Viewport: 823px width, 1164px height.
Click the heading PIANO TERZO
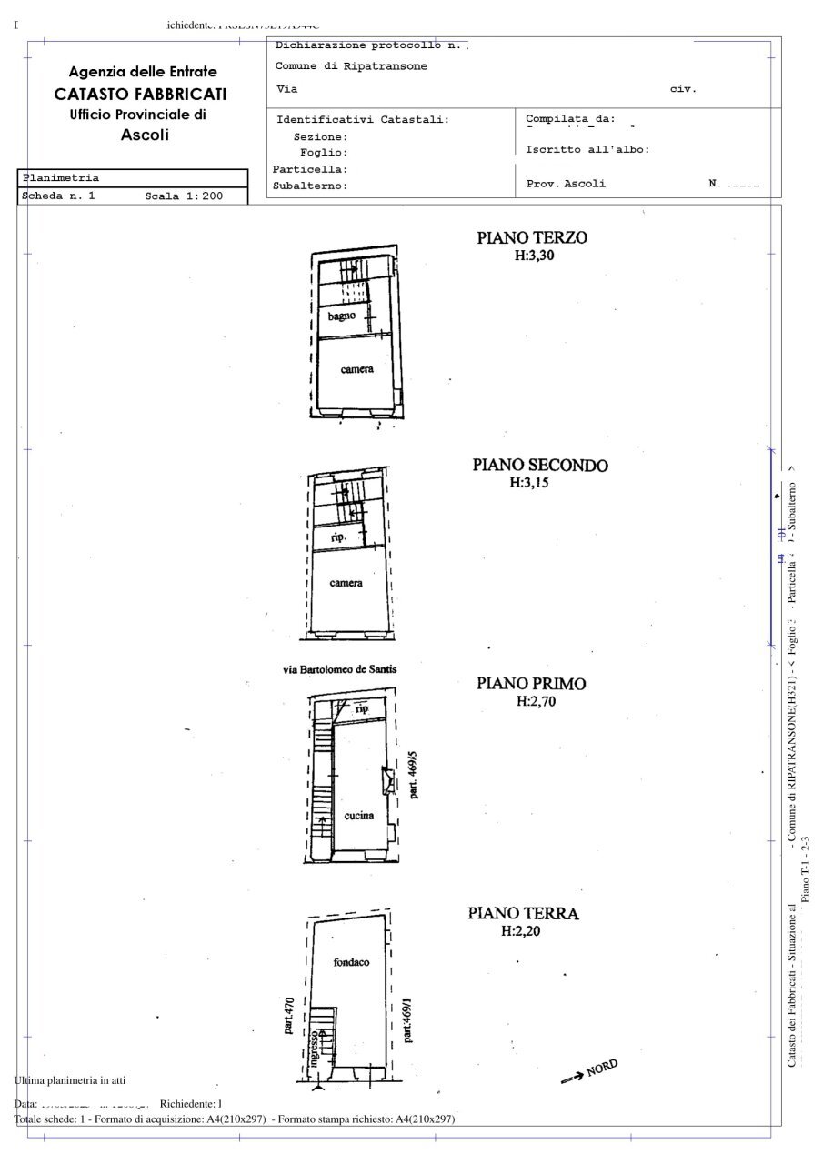pyautogui.click(x=532, y=238)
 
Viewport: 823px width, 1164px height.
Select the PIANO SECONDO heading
pyautogui.click(x=540, y=466)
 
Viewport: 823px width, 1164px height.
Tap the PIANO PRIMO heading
pyautogui.click(x=531, y=684)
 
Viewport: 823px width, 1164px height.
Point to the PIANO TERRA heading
pyautogui.click(x=524, y=913)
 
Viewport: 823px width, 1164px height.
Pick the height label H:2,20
pyautogui.click(x=524, y=931)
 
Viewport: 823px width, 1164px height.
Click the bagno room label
pyautogui.click(x=342, y=316)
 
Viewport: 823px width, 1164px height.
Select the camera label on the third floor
pyautogui.click(x=356, y=369)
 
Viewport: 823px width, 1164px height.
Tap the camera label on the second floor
pyautogui.click(x=346, y=583)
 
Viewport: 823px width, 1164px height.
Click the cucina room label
pyautogui.click(x=359, y=816)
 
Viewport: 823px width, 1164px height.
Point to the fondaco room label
pyautogui.click(x=351, y=962)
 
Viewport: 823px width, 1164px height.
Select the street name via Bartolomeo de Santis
pyautogui.click(x=339, y=669)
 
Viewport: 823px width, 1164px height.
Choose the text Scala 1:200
pyautogui.click(x=184, y=196)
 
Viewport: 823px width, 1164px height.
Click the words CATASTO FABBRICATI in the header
pyautogui.click(x=141, y=94)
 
